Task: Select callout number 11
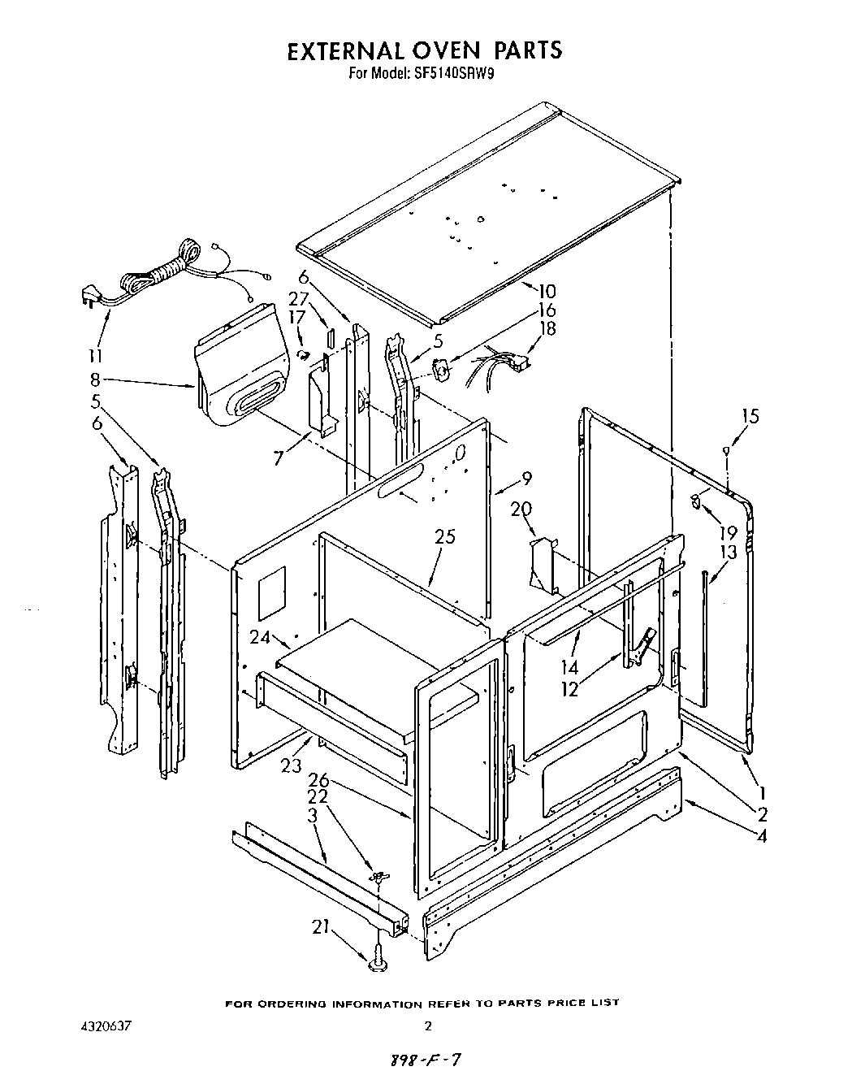pyautogui.click(x=96, y=356)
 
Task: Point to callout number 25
pyautogui.click(x=445, y=537)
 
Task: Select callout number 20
pyautogui.click(x=521, y=509)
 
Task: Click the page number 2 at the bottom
pyautogui.click(x=429, y=1026)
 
